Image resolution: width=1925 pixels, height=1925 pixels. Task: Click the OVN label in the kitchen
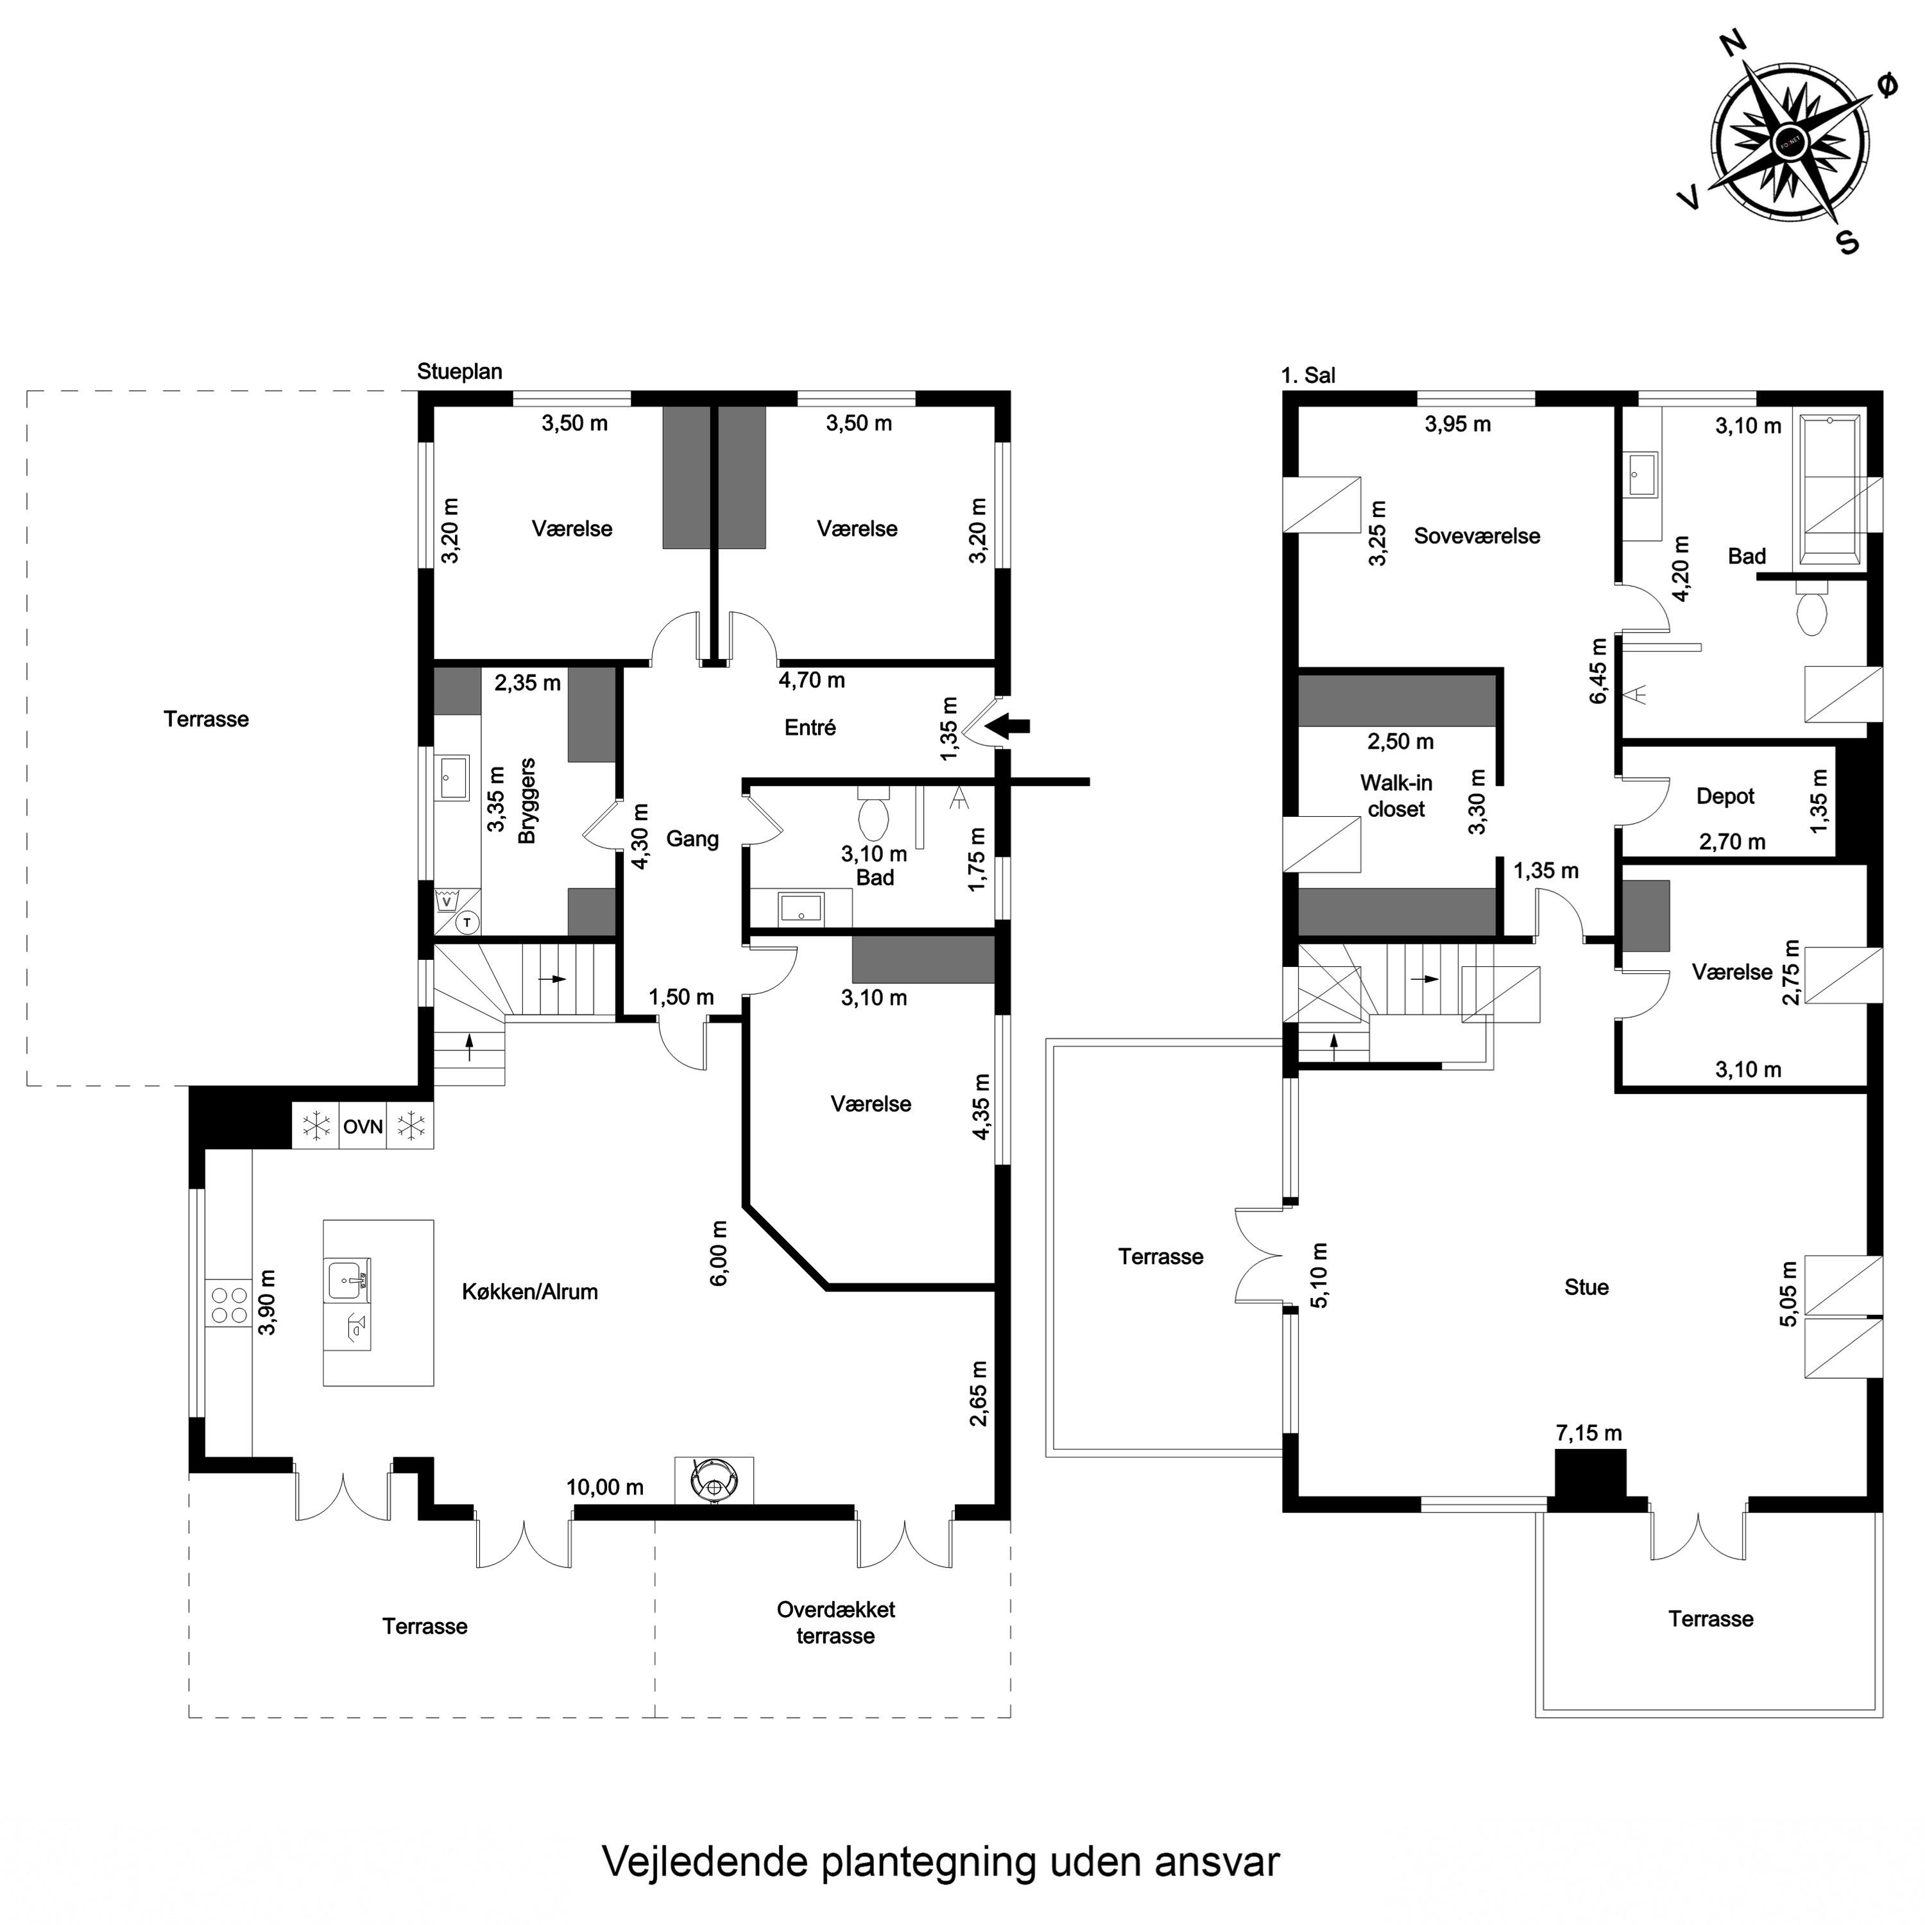(x=363, y=1127)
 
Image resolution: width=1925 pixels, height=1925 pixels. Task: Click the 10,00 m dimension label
(x=605, y=1487)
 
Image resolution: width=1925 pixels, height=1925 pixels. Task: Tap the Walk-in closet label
(x=1396, y=796)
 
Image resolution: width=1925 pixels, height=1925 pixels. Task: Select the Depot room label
(x=1725, y=796)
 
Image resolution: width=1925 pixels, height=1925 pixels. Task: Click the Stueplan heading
(x=459, y=372)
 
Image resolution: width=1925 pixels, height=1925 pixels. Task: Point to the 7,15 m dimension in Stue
(x=1588, y=1433)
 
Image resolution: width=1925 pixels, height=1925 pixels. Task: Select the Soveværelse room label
(x=1476, y=536)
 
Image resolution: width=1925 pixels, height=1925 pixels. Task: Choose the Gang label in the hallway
(x=692, y=839)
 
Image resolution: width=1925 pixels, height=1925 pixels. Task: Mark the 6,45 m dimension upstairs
(x=1598, y=671)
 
